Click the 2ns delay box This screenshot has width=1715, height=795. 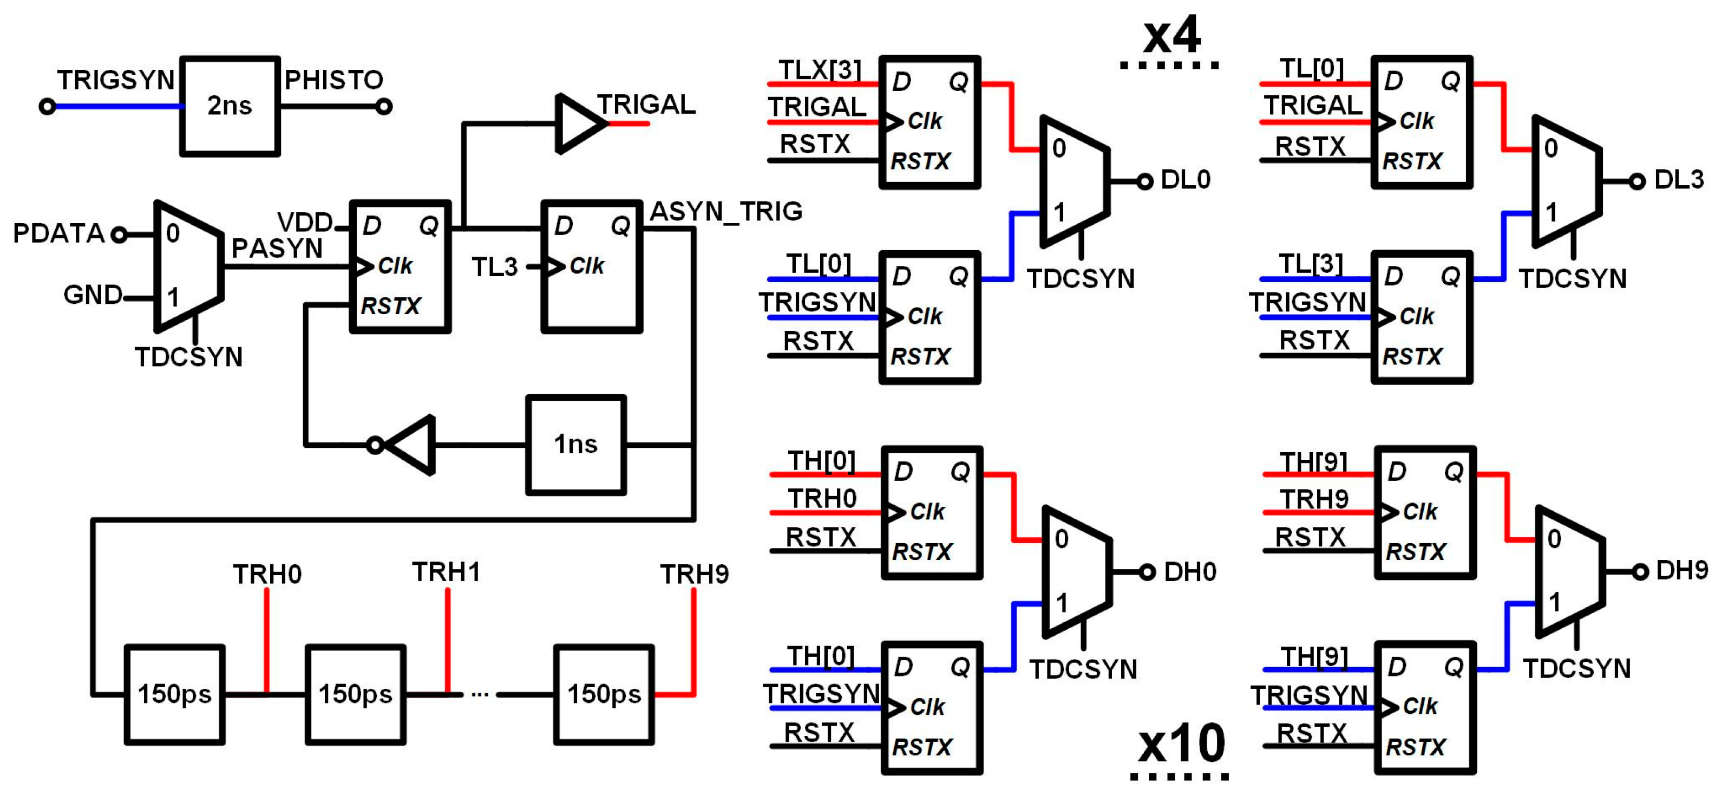point(230,106)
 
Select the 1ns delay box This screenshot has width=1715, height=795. point(576,444)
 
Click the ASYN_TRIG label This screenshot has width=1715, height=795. point(725,211)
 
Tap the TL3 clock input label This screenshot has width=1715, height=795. point(495,267)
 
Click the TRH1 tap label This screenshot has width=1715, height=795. point(446,572)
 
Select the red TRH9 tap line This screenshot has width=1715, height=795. point(693,639)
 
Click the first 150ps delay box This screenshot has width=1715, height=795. point(174,694)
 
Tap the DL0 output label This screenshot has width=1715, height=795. point(1185,180)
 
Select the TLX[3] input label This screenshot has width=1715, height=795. point(820,69)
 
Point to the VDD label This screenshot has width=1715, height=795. point(305,221)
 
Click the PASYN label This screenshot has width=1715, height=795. point(277,249)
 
